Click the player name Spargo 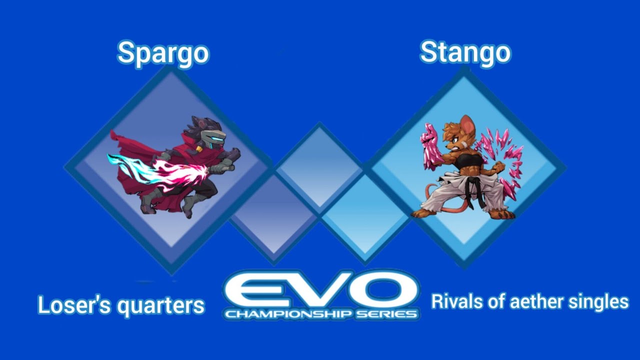coord(163,53)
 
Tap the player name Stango coord(465,52)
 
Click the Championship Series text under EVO coord(321,314)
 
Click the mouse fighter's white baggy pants coord(455,197)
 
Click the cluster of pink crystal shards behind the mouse coord(502,160)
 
